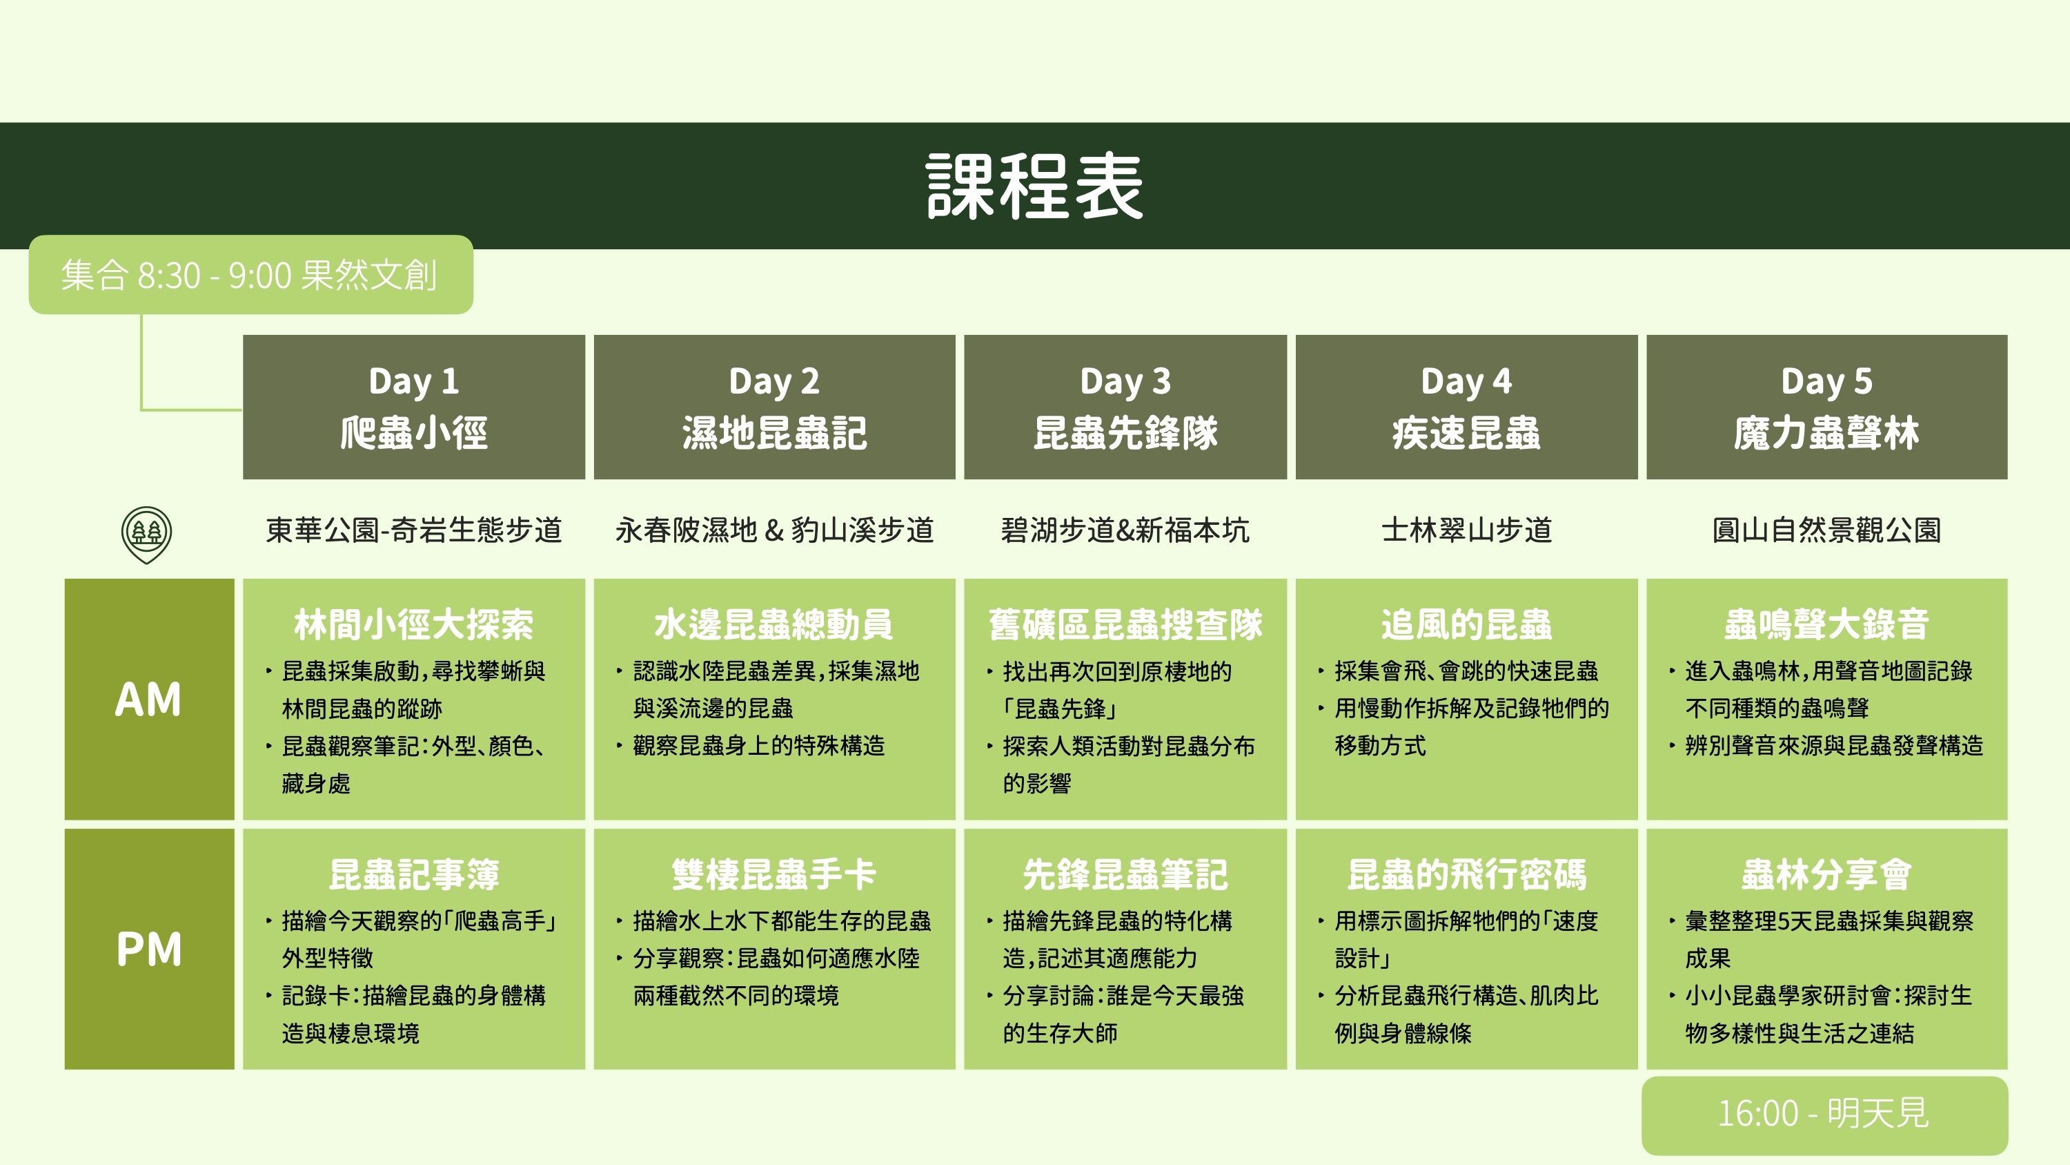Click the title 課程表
click(x=1034, y=186)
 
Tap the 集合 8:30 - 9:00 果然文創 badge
click(x=250, y=274)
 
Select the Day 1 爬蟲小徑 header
click(x=414, y=407)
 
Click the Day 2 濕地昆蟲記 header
click(x=774, y=407)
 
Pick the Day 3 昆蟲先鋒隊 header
click(x=1125, y=407)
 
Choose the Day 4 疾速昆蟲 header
click(x=1466, y=407)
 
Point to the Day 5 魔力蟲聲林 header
click(x=1826, y=407)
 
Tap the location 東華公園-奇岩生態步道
click(x=414, y=530)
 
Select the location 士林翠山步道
click(x=1466, y=530)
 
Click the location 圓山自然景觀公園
click(x=1826, y=530)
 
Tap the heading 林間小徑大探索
click(x=414, y=624)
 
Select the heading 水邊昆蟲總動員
click(x=774, y=624)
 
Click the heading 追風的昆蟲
click(x=1466, y=624)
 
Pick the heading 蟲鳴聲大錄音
click(x=1826, y=624)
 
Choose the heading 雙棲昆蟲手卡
click(x=774, y=874)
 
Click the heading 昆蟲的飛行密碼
click(x=1466, y=874)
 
